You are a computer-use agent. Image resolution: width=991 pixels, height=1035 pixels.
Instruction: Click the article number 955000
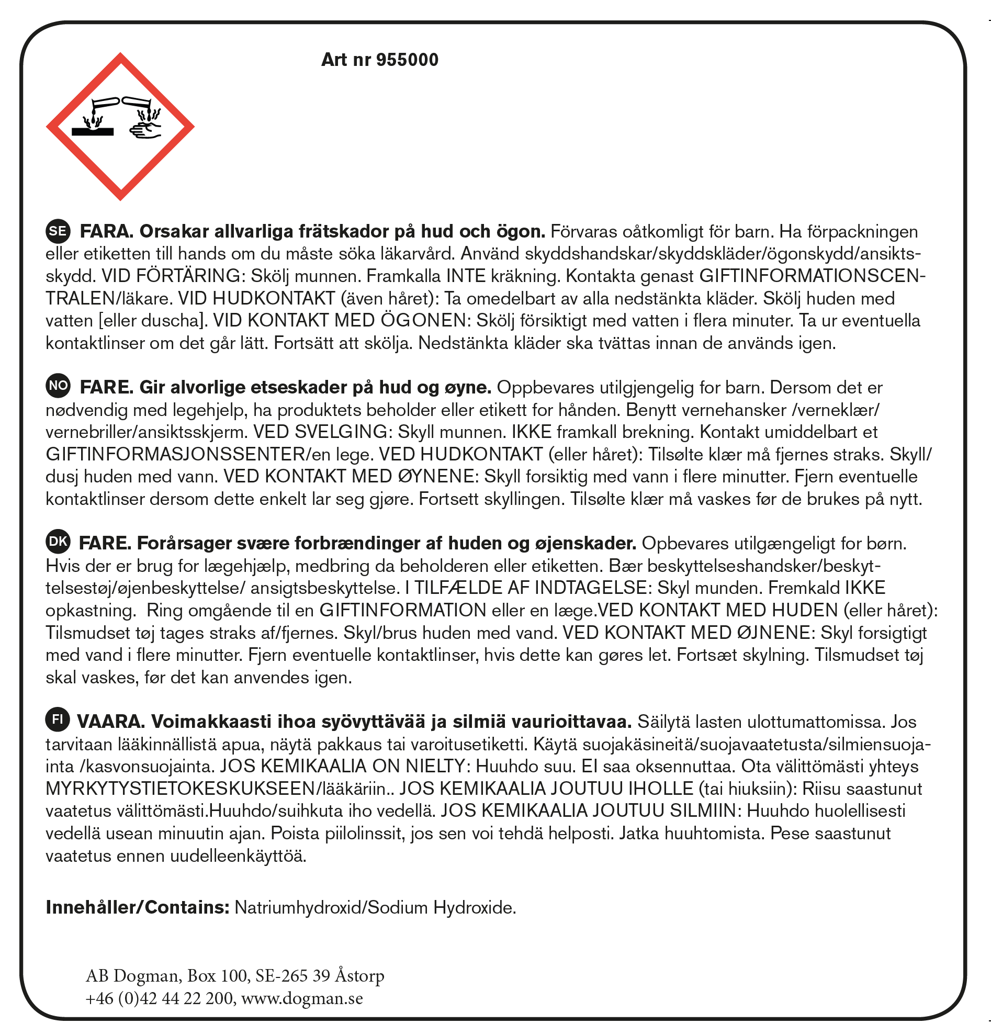407,60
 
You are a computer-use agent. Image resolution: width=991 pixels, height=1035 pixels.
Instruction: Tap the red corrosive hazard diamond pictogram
120,127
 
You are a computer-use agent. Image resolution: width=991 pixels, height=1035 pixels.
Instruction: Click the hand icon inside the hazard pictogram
145,130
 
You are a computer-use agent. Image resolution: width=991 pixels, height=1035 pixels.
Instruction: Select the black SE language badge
58,231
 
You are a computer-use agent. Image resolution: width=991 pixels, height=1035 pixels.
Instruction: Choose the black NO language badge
58,386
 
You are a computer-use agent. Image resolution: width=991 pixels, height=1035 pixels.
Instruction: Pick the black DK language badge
58,542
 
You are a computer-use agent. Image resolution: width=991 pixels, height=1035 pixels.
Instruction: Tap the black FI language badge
58,720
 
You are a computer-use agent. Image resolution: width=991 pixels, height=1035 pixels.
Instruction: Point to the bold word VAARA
111,721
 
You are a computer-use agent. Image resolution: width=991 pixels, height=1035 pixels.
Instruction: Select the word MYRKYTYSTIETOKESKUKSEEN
179,789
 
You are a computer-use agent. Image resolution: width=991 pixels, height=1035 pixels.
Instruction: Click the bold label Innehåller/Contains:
137,907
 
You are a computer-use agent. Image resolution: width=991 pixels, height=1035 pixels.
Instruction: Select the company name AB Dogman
132,975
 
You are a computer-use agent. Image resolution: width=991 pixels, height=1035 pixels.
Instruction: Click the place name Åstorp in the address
359,975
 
